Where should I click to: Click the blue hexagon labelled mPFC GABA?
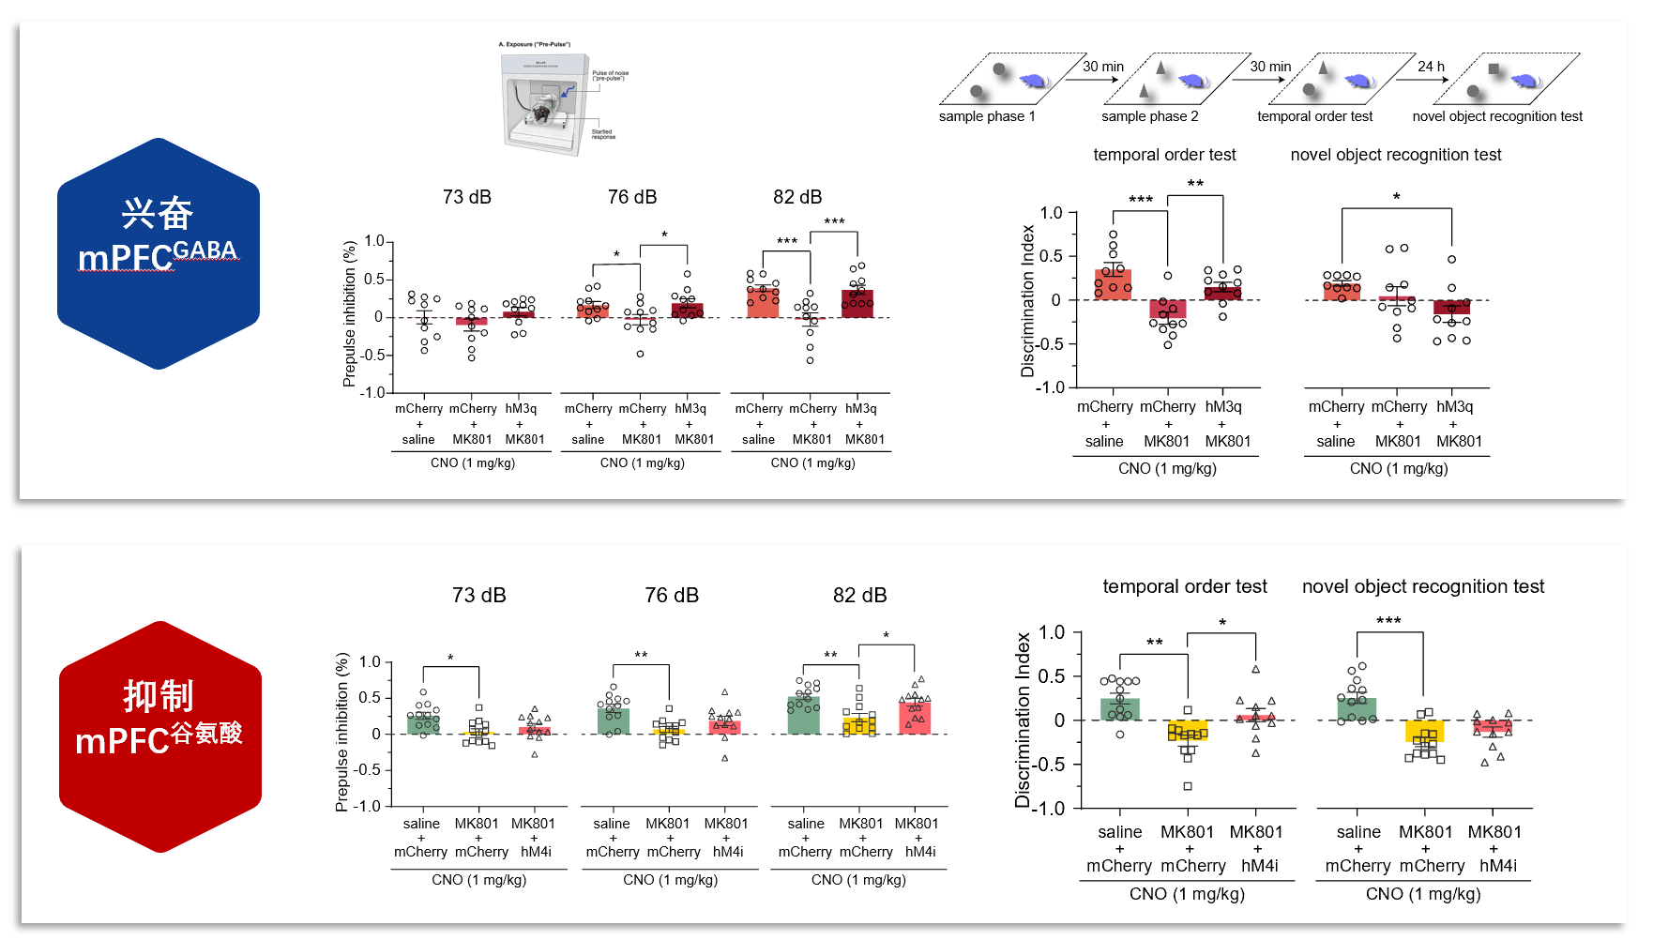point(158,253)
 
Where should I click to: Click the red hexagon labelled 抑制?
point(159,736)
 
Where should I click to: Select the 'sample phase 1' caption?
point(987,116)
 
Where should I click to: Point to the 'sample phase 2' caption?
point(1149,116)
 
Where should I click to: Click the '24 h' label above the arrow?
point(1431,67)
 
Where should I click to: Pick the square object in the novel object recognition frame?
point(1494,68)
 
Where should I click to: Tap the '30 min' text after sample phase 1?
point(1103,67)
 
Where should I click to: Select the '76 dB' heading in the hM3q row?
point(632,197)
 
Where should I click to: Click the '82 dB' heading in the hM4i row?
point(859,596)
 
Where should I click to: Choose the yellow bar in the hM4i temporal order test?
point(1188,730)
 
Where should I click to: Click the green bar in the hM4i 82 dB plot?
point(804,716)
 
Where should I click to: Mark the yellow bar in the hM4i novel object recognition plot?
point(1425,732)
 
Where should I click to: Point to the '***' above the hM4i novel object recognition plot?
point(1388,621)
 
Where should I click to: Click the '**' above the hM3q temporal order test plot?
point(1195,184)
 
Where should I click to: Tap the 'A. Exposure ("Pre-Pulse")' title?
point(535,44)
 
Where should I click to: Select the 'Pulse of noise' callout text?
point(611,75)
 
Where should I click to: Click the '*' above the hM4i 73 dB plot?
point(450,659)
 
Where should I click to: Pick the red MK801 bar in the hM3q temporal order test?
point(1168,310)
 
